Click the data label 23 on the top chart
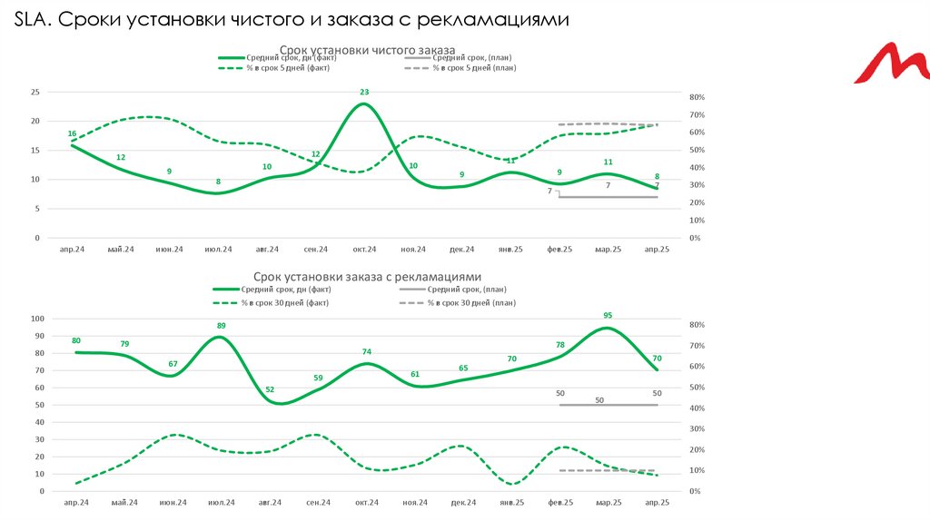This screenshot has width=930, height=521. coord(364,92)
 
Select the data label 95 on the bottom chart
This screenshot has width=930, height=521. coord(608,316)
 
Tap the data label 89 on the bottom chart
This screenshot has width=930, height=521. coord(221,325)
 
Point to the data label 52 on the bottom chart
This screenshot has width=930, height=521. coord(270,389)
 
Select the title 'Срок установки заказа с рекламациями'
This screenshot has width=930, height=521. coord(367,276)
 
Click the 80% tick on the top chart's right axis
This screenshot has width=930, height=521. coord(697,97)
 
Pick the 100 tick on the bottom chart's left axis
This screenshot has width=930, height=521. coord(37,319)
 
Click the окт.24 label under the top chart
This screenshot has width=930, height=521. coord(366,249)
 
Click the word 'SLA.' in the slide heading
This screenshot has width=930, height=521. coord(35,20)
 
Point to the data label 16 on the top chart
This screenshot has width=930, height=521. coord(72,133)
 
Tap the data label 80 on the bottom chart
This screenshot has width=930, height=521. coord(76,341)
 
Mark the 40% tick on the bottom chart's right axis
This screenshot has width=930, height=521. coord(697,408)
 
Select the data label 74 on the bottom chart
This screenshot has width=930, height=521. coord(366,352)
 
